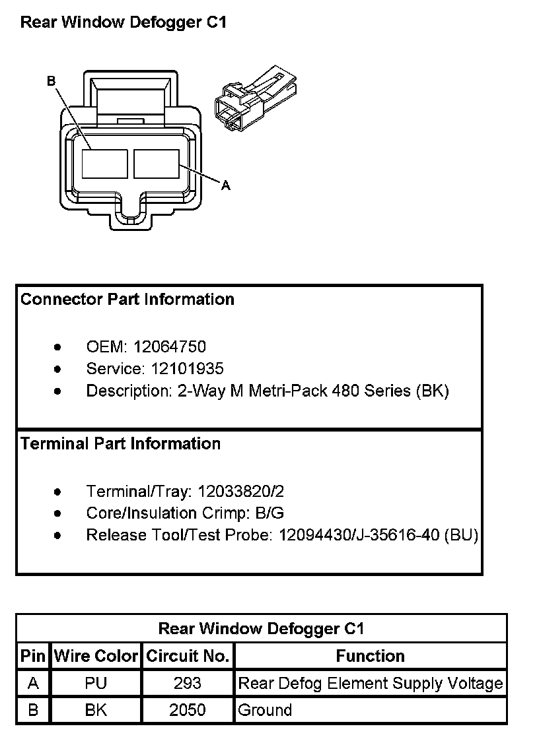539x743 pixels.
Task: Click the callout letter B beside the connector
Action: pyautogui.click(x=52, y=81)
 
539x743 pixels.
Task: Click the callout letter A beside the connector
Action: pyautogui.click(x=226, y=185)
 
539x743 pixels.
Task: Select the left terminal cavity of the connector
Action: pyautogui.click(x=105, y=164)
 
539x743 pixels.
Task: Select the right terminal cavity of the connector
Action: pyautogui.click(x=157, y=164)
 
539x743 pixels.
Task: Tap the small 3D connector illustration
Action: pyautogui.click(x=256, y=98)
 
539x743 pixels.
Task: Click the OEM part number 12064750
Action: pyautogui.click(x=170, y=347)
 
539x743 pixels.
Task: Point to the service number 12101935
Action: pyautogui.click(x=188, y=369)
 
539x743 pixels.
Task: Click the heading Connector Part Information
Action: pyautogui.click(x=127, y=300)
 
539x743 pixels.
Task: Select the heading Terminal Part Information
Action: pyautogui.click(x=120, y=443)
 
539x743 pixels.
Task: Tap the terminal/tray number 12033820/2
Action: pyautogui.click(x=241, y=492)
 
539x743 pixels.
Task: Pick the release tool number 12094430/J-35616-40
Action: pyautogui.click(x=359, y=535)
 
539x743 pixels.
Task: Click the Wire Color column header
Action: pyautogui.click(x=96, y=656)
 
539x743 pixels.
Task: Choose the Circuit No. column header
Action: pyautogui.click(x=188, y=656)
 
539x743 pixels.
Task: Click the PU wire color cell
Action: pyautogui.click(x=96, y=684)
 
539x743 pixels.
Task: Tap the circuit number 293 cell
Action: pyautogui.click(x=188, y=684)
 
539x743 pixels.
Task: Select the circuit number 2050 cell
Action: pyautogui.click(x=188, y=710)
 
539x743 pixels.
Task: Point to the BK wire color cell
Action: pyautogui.click(x=96, y=710)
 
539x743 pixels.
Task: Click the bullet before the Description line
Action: pyautogui.click(x=57, y=391)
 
